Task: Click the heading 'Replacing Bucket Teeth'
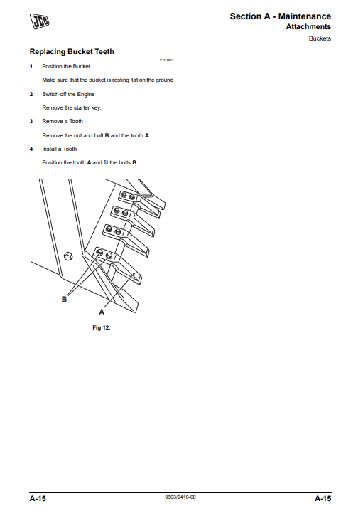click(x=71, y=52)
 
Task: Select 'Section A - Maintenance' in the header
click(x=280, y=16)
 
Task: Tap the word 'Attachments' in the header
click(x=308, y=27)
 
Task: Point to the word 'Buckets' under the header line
click(x=320, y=38)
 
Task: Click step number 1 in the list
click(x=31, y=66)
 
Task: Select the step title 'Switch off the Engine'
click(x=68, y=94)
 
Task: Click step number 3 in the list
click(x=31, y=121)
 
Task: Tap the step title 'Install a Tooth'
click(x=60, y=149)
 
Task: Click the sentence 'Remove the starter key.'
click(x=72, y=107)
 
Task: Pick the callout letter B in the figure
click(x=64, y=300)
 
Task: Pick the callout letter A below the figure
click(x=101, y=312)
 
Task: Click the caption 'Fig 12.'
click(x=102, y=327)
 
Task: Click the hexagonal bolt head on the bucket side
click(x=68, y=257)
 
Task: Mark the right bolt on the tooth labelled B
click(x=109, y=256)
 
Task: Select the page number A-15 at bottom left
click(x=38, y=498)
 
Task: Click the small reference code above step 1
click(x=167, y=60)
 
